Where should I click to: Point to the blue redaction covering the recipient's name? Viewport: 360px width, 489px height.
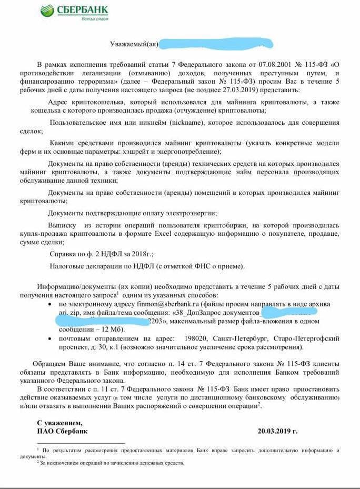pos(216,44)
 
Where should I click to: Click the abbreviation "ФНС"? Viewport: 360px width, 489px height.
pos(202,266)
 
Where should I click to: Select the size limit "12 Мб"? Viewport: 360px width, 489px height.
pos(106,330)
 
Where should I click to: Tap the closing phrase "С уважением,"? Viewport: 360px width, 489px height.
pos(59,423)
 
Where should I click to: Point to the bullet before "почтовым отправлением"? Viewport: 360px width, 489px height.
pos(49,338)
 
